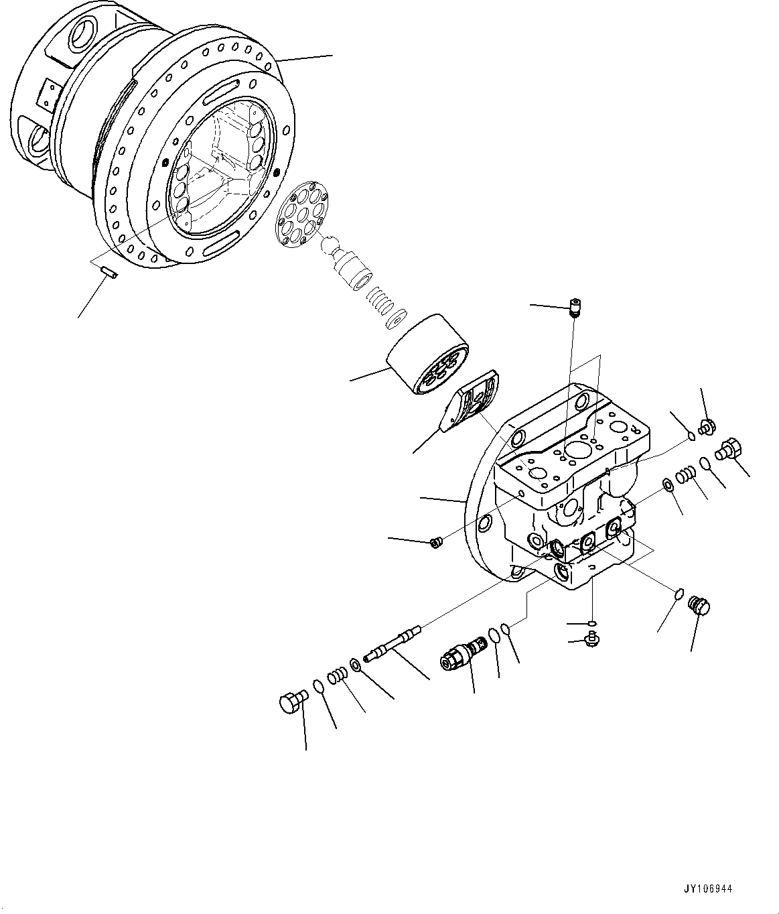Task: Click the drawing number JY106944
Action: pos(709,889)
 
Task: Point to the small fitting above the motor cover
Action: pos(575,308)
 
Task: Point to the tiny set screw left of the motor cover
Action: pos(435,542)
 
